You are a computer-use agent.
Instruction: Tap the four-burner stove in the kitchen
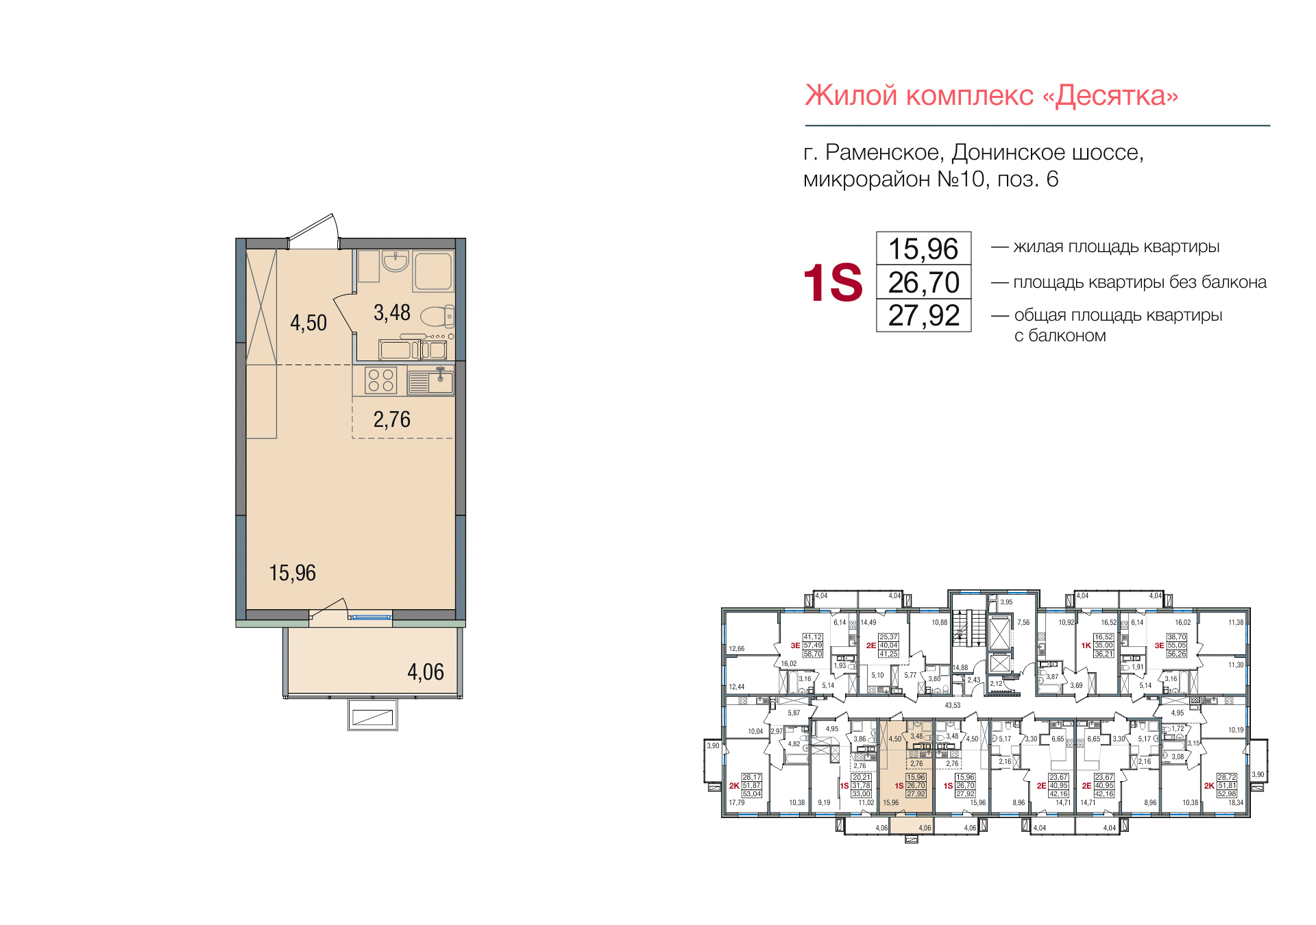[x=380, y=380]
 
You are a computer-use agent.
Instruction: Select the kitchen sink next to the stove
[x=430, y=381]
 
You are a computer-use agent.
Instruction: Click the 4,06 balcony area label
[x=426, y=672]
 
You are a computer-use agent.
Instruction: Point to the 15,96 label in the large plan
[x=292, y=573]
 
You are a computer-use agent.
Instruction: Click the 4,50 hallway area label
[x=308, y=323]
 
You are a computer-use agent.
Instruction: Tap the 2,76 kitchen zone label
[x=391, y=419]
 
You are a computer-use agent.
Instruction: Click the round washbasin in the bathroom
[x=395, y=261]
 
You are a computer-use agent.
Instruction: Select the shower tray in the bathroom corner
[x=433, y=271]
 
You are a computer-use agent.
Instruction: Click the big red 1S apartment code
[x=832, y=282]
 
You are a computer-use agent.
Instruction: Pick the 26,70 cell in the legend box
[x=923, y=282]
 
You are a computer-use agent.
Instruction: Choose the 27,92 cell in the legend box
[x=923, y=316]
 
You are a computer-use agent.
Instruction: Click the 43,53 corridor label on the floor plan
[x=952, y=705]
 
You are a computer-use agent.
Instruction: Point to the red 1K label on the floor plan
[x=1086, y=645]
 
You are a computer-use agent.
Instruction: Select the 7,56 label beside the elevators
[x=1023, y=622]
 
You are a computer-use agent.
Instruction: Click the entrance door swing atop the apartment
[x=315, y=231]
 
